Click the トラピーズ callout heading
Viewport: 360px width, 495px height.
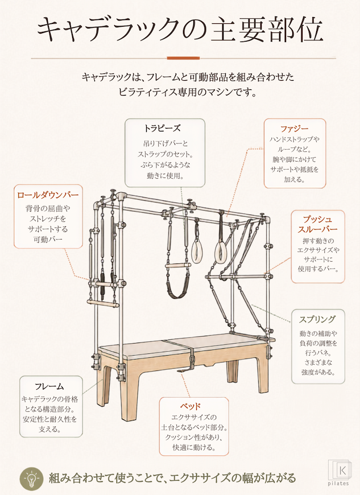click(162, 129)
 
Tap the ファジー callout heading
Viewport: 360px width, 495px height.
click(295, 129)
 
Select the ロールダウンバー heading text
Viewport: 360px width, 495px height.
click(48, 195)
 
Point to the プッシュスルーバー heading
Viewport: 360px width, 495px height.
click(317, 224)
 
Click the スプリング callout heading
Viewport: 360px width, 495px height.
click(317, 320)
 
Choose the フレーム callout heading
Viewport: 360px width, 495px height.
click(49, 386)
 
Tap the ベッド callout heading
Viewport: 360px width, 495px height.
click(191, 406)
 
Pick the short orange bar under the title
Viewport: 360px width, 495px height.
click(183, 58)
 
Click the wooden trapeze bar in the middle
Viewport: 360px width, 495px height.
click(178, 266)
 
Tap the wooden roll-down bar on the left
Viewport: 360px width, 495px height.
click(103, 304)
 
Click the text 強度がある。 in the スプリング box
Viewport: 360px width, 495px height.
click(318, 372)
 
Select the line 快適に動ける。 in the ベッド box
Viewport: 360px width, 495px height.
click(194, 447)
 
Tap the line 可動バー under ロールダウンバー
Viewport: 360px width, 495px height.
click(48, 240)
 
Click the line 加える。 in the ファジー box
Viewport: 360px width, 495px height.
click(295, 180)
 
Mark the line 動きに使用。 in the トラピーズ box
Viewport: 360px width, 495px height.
click(165, 175)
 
